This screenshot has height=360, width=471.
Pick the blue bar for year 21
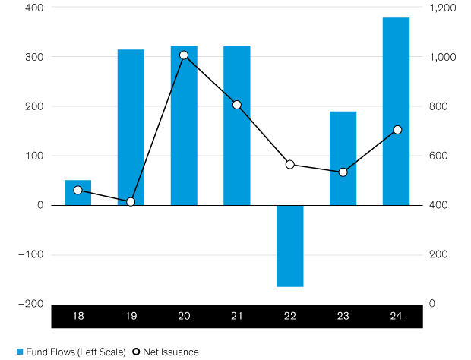pos(237,125)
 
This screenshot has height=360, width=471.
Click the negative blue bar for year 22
pos(290,246)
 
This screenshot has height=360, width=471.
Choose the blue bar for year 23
pos(343,158)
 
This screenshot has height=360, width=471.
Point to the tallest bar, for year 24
pos(396,111)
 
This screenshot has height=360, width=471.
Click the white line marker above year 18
pos(77,190)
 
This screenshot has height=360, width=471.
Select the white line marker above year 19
pos(131,201)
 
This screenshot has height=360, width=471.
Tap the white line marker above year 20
pos(184,55)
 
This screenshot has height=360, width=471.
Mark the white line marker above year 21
pos(237,105)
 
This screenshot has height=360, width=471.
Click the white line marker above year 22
pos(289,164)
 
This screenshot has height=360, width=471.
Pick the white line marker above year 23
pos(343,172)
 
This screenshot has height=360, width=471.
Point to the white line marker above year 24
pos(397,130)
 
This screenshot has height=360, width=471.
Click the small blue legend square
pos(21,352)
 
